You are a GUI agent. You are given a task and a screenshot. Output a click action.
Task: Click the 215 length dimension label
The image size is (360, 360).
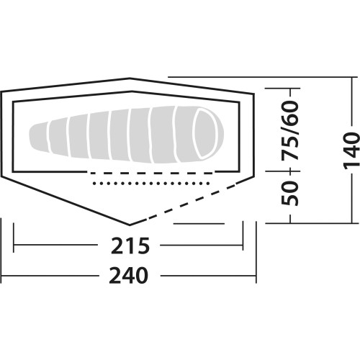[130, 246]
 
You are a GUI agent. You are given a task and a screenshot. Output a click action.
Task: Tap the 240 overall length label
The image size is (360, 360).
[128, 276]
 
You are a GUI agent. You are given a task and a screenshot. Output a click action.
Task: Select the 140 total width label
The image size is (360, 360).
[352, 150]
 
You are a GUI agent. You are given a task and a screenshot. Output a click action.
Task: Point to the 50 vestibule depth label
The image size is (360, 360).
[289, 194]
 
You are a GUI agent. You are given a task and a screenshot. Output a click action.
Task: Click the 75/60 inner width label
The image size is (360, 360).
[289, 131]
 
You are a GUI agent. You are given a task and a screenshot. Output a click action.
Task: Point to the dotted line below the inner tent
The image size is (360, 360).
[151, 184]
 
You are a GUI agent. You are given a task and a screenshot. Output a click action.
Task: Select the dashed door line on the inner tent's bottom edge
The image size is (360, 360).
[151, 173]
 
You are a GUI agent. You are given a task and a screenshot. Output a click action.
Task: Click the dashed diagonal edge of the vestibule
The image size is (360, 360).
[192, 201]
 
